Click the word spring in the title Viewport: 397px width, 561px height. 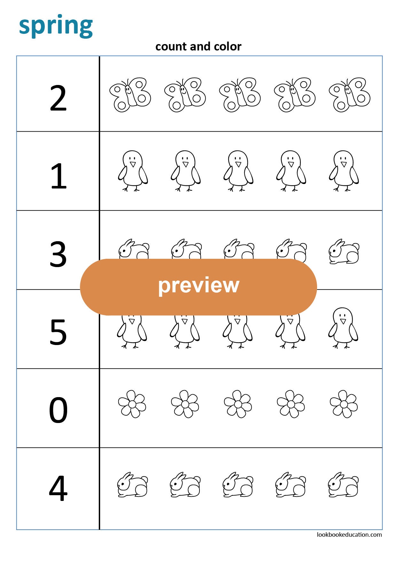click(x=56, y=26)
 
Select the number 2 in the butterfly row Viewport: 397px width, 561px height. click(x=58, y=98)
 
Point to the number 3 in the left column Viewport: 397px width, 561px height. click(x=58, y=254)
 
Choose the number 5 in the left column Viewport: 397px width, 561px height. click(x=58, y=333)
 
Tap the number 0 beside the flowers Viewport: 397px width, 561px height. click(x=58, y=411)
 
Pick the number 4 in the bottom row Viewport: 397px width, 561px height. click(x=58, y=488)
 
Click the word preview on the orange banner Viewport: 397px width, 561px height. click(x=198, y=285)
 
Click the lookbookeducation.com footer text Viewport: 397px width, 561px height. click(x=349, y=534)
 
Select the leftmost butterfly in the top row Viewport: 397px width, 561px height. click(x=130, y=95)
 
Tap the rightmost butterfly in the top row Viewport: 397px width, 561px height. click(x=349, y=95)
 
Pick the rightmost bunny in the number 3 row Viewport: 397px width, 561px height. click(x=344, y=252)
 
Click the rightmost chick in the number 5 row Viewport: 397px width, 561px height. click(x=343, y=327)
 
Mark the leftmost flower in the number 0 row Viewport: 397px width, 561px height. click(x=132, y=404)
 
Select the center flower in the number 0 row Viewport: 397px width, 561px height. click(x=238, y=404)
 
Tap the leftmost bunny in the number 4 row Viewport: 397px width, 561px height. click(x=132, y=485)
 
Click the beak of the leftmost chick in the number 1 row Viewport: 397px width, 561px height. click(x=133, y=164)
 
